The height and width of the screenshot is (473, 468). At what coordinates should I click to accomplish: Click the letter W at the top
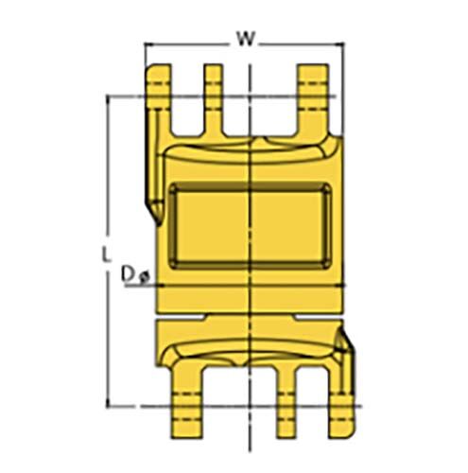[245, 39]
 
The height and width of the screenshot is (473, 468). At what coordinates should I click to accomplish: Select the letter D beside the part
[128, 274]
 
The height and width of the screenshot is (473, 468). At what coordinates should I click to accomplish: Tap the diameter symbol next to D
[142, 276]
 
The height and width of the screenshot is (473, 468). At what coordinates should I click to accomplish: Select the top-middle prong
[214, 95]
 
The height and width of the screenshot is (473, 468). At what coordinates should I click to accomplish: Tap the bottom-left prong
[185, 397]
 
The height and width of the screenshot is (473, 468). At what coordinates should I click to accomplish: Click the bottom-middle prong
[284, 397]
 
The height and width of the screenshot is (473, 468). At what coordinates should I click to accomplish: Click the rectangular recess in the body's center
[248, 227]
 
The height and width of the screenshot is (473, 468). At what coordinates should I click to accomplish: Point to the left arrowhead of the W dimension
[148, 45]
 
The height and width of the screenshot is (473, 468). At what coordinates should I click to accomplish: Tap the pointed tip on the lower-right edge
[345, 330]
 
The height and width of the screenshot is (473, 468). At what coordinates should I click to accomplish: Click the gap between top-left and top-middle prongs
[186, 104]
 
